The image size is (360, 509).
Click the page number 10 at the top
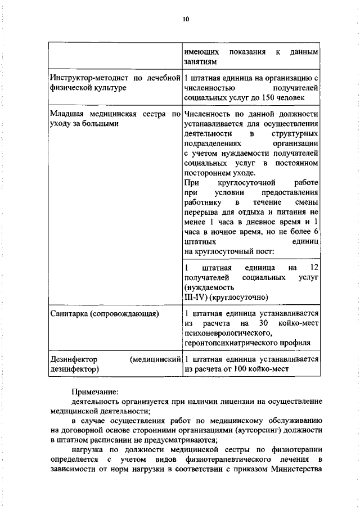click(x=186, y=19)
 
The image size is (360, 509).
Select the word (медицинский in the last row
click(x=155, y=359)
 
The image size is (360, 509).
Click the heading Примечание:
click(x=94, y=391)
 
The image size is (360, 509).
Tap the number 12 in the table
click(x=314, y=267)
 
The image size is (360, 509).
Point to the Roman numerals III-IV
click(x=196, y=298)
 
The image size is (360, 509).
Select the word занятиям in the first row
click(x=200, y=62)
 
